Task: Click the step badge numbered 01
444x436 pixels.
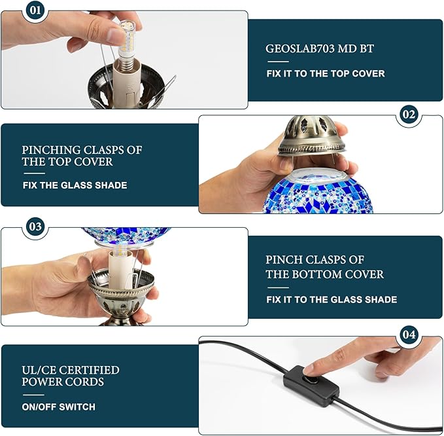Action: [35, 10]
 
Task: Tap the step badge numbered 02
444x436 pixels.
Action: [409, 115]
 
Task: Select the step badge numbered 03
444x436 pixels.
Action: [35, 227]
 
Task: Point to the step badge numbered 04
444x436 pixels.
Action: [409, 335]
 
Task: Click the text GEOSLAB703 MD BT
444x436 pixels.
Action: [320, 48]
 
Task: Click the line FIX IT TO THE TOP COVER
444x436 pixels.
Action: [326, 74]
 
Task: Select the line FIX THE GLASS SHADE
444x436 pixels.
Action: [75, 185]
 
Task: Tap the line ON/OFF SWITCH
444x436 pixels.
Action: [59, 407]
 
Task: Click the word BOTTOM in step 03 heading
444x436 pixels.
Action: [317, 274]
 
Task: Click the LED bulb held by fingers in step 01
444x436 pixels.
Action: [127, 42]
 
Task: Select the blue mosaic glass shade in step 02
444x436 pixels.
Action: [318, 191]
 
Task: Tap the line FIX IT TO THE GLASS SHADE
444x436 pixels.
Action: [332, 300]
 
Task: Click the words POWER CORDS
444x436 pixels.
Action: [63, 382]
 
